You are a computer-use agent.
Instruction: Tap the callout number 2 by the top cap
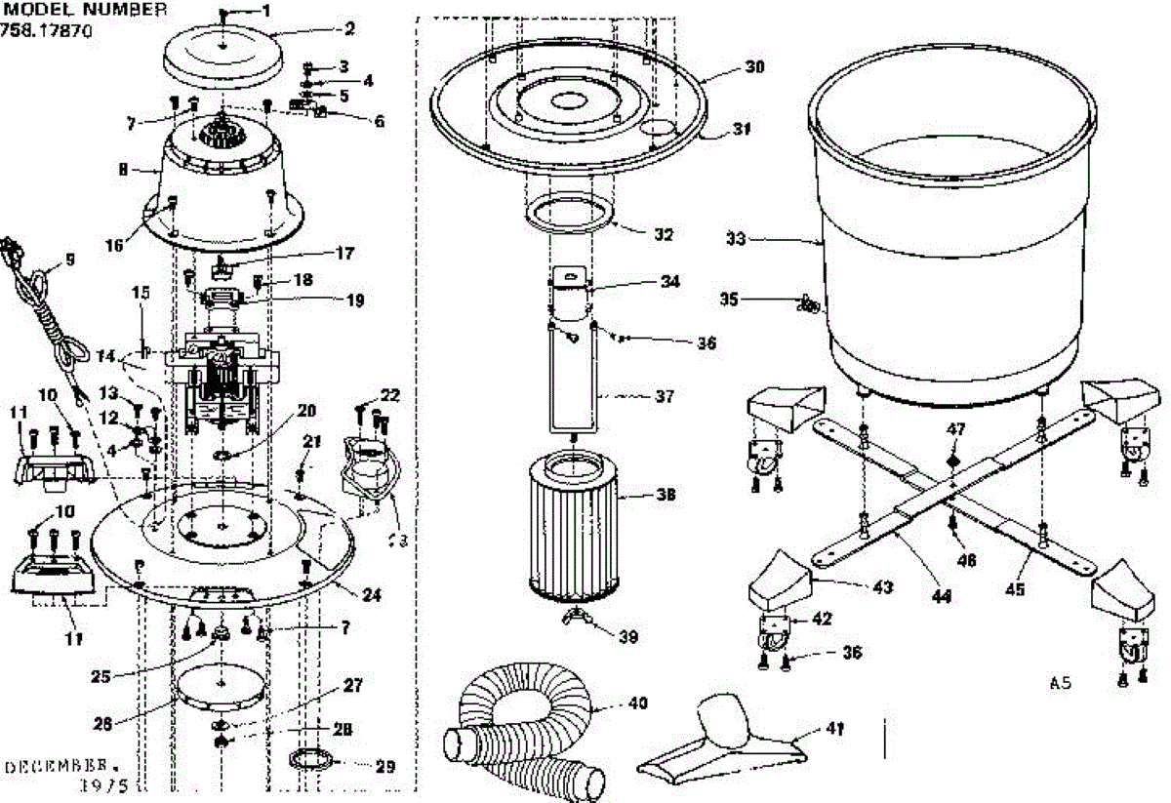click(x=348, y=28)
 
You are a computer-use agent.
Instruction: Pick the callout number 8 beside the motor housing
click(x=122, y=169)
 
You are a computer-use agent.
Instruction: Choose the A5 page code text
click(x=1061, y=684)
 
